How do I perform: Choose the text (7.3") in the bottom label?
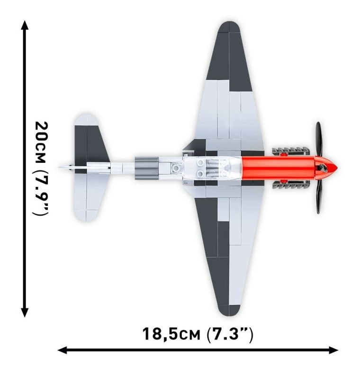[x=230, y=335]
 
